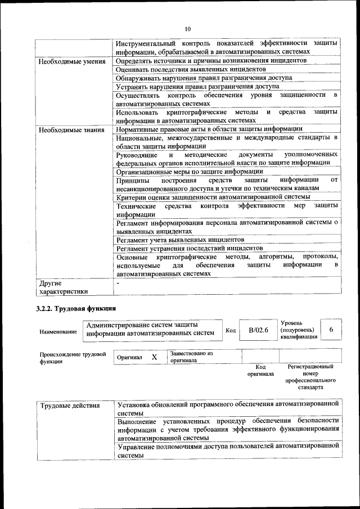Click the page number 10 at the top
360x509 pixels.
[187, 29]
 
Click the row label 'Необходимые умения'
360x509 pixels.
[71, 61]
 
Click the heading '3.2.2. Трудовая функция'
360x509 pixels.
[76, 308]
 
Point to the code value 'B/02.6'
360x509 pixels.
[259, 330]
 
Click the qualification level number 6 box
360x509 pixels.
[331, 330]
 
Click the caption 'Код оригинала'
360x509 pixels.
[260, 370]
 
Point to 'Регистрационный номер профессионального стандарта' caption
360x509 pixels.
[310, 377]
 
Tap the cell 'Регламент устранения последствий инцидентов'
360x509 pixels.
[190, 247]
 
